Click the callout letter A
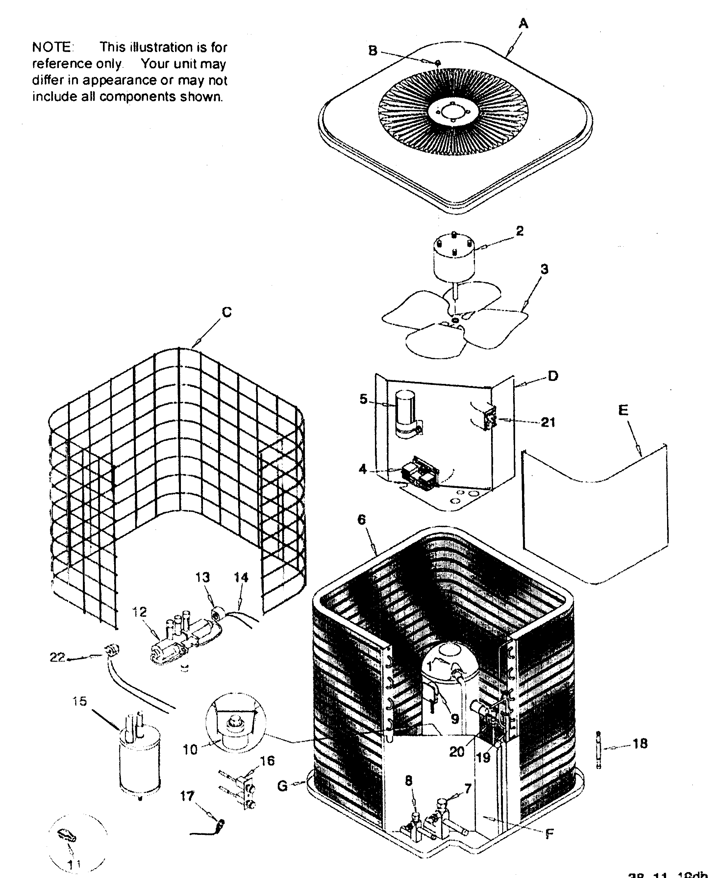point(523,24)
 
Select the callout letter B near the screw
point(373,51)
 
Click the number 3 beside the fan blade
point(544,269)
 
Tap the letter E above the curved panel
point(623,410)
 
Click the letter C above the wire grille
point(227,312)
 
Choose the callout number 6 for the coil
point(361,519)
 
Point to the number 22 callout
point(57,657)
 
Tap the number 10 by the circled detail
point(190,750)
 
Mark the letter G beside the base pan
point(282,786)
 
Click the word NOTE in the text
point(52,47)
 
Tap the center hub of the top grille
point(453,111)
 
